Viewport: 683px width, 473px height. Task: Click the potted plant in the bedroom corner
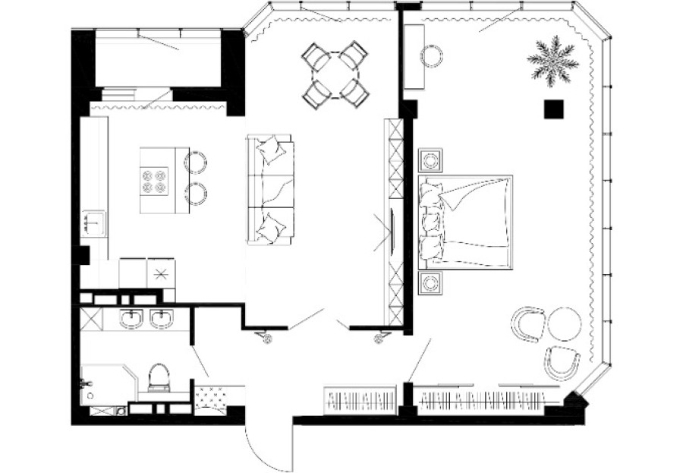[552, 61]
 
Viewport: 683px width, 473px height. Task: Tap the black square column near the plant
[554, 109]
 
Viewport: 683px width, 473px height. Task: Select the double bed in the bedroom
[464, 222]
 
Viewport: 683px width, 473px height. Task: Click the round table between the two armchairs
[564, 323]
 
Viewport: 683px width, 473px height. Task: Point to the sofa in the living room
[270, 189]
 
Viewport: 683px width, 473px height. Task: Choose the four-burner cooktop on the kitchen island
[155, 181]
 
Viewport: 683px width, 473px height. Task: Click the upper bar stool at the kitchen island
[196, 162]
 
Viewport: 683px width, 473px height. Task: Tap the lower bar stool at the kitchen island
[196, 194]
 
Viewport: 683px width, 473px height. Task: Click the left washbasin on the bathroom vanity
[132, 319]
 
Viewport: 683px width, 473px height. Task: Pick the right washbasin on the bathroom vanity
[162, 319]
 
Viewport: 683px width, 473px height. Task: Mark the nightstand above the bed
[431, 160]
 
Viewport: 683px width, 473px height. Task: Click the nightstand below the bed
[431, 284]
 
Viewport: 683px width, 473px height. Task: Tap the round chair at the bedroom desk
[433, 55]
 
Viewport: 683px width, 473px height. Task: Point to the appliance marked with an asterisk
[161, 274]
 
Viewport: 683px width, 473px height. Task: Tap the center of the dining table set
[335, 74]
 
